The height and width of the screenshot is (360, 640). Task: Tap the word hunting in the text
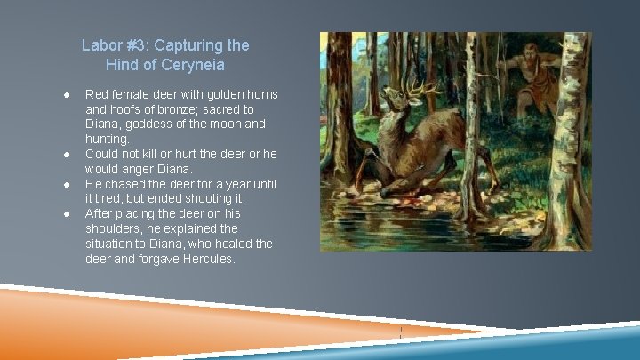106,140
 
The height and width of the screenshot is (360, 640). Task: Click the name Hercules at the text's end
211,259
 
